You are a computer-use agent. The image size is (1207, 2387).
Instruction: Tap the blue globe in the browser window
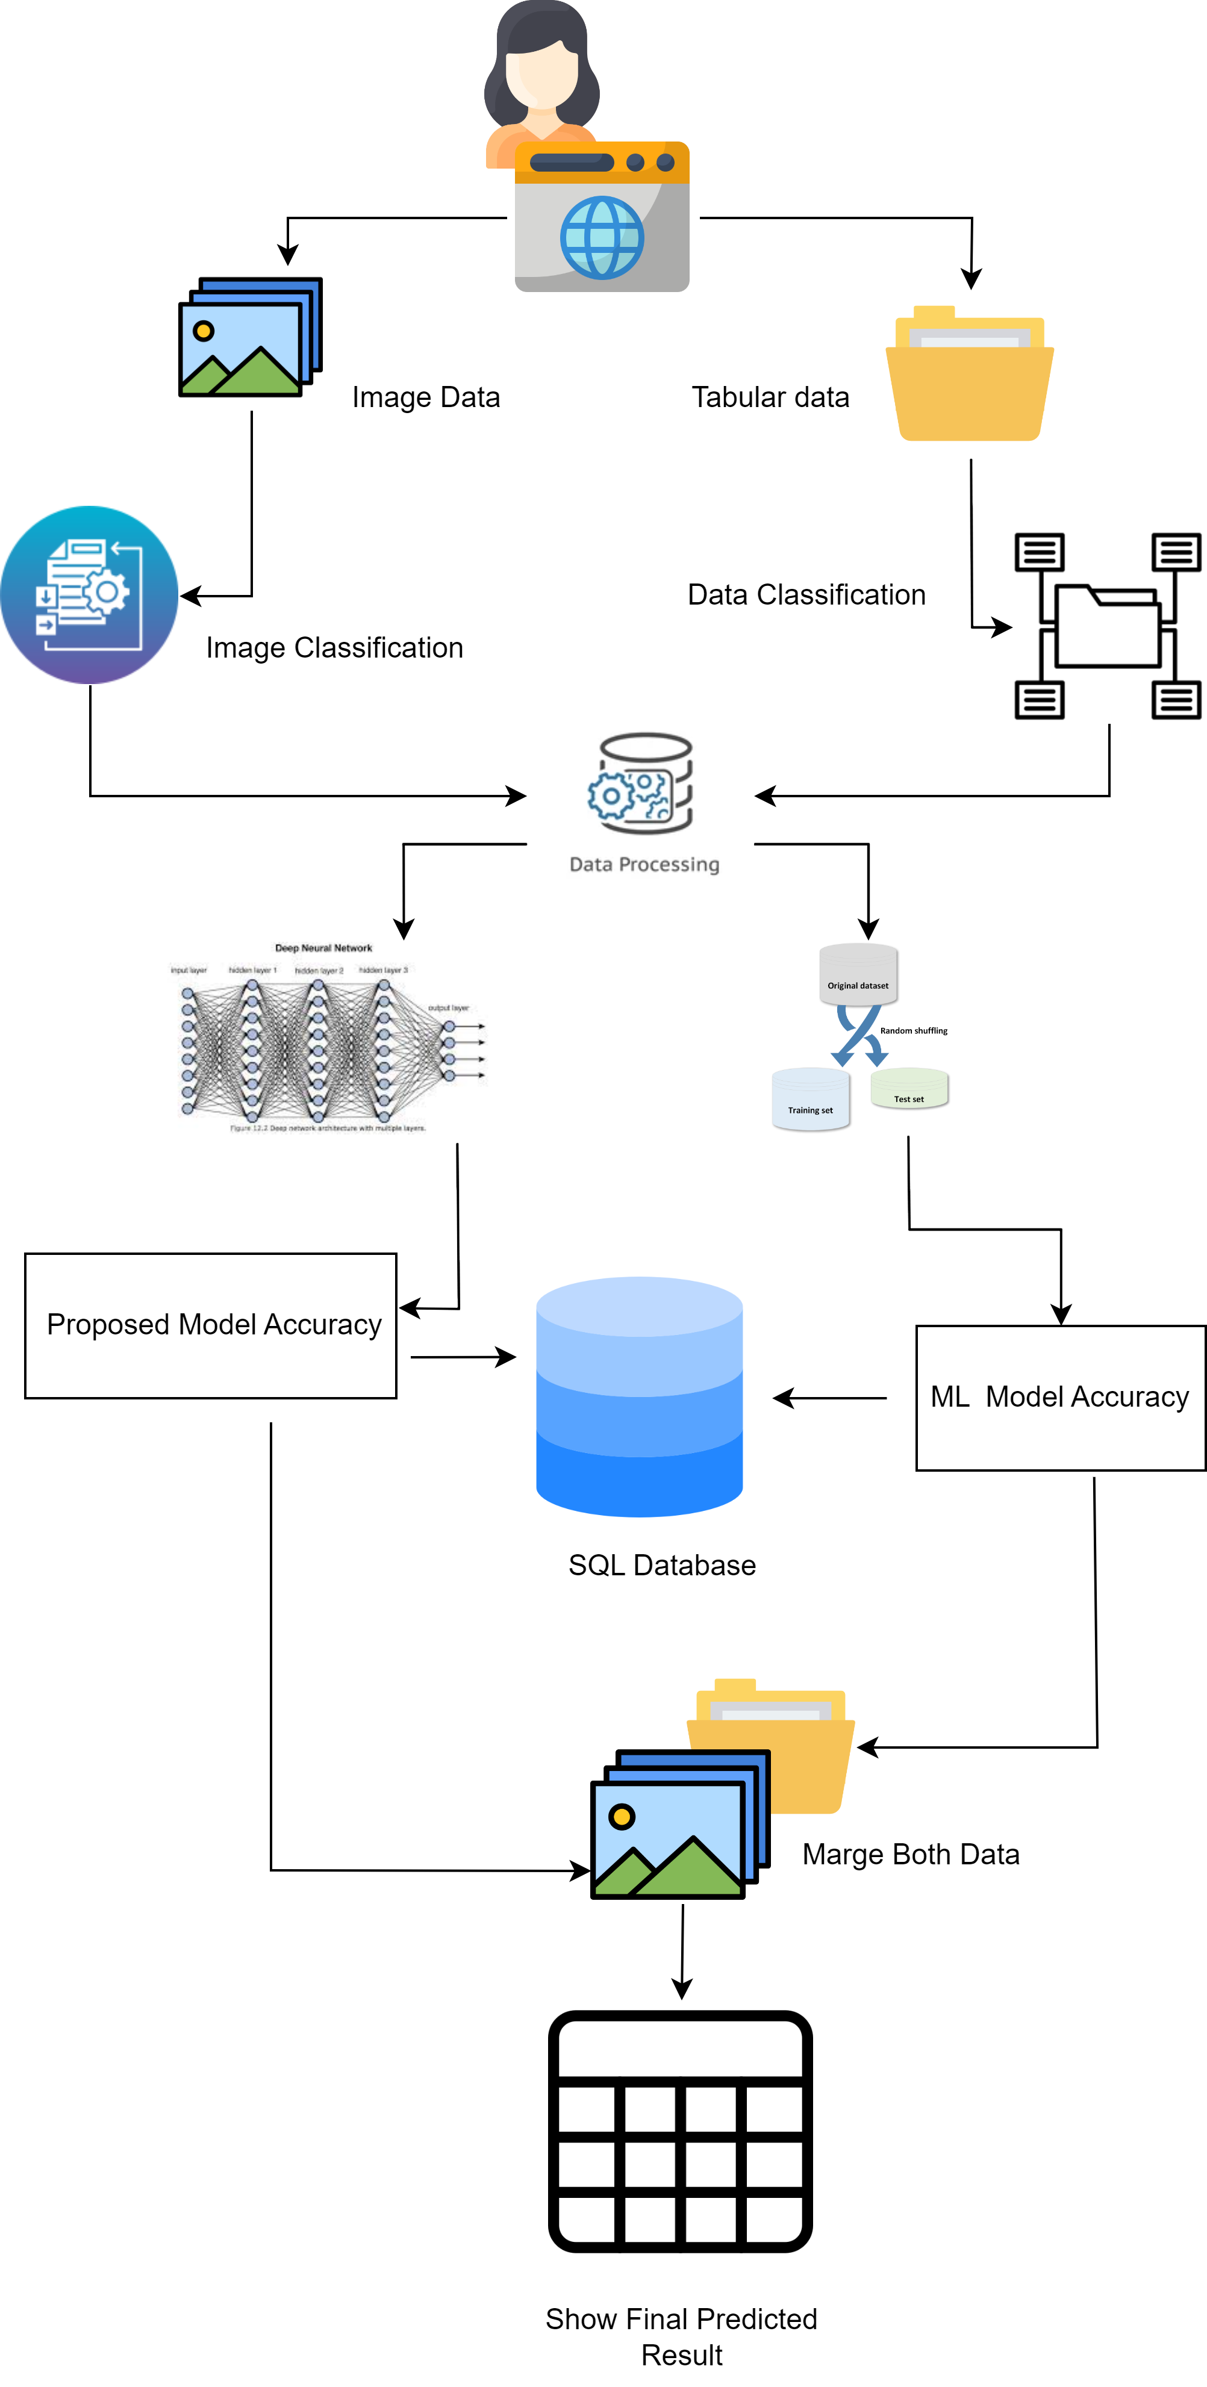(602, 237)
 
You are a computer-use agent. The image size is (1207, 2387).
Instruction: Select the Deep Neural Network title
(323, 948)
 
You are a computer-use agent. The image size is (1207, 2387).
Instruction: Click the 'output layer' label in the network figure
(449, 1007)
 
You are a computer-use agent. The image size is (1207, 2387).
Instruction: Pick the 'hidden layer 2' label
(319, 970)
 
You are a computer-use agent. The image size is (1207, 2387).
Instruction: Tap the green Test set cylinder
(909, 1089)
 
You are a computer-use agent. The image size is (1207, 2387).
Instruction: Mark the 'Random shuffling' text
(913, 1030)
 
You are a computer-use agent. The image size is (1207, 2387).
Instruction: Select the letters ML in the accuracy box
(949, 1396)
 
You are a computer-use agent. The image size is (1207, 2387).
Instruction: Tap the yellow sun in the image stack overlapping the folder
(622, 1816)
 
